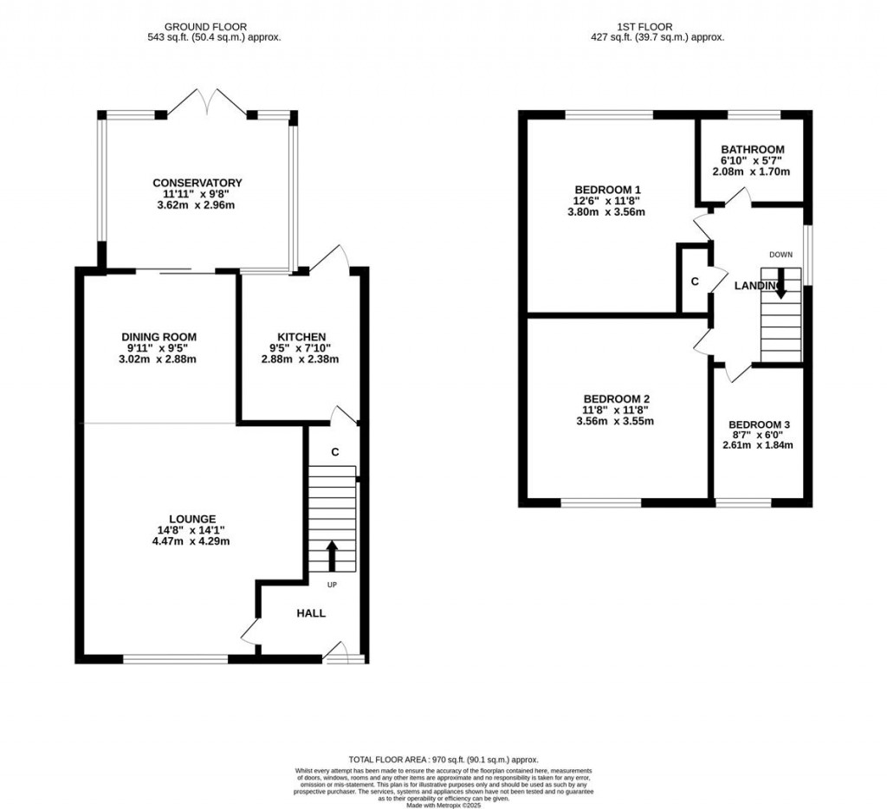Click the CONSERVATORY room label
pyautogui.click(x=197, y=183)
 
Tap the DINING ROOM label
pyautogui.click(x=159, y=337)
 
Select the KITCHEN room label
pyautogui.click(x=301, y=337)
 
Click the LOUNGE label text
pyautogui.click(x=193, y=519)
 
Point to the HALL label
pyautogui.click(x=311, y=613)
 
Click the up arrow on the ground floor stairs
pyautogui.click(x=331, y=555)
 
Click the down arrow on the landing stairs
pyautogui.click(x=780, y=283)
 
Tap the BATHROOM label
pyautogui.click(x=753, y=149)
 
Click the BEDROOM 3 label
pyautogui.click(x=759, y=424)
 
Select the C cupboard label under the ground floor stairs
pyautogui.click(x=334, y=452)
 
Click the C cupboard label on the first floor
pyautogui.click(x=695, y=282)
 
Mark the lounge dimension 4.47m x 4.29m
pyautogui.click(x=193, y=541)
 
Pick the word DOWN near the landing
pyautogui.click(x=780, y=255)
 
